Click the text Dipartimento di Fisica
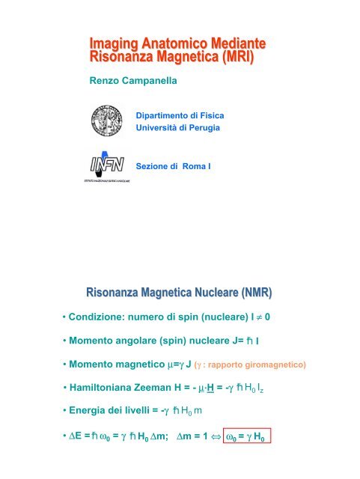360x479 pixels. coord(180,117)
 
